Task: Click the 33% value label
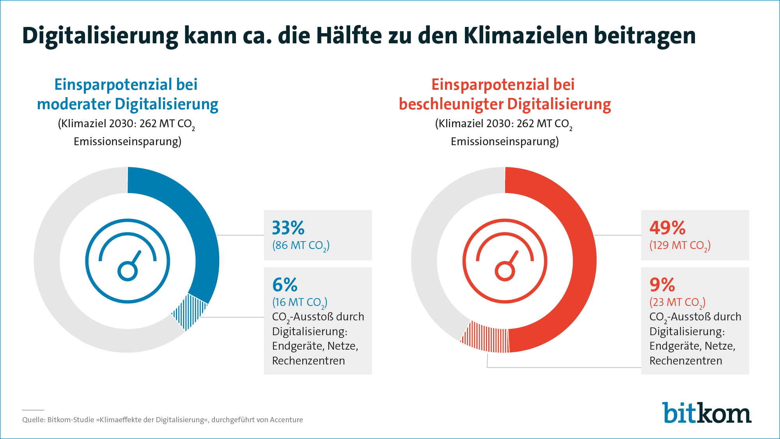[288, 228]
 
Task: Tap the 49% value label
[667, 228]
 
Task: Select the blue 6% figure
[285, 285]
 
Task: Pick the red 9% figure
[662, 285]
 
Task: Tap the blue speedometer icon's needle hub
[128, 271]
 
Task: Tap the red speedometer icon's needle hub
[505, 271]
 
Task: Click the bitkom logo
[706, 413]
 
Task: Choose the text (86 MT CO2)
[301, 245]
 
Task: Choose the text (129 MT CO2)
[680, 245]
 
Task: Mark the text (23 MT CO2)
[677, 302]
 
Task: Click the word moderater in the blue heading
[74, 104]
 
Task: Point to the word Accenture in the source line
[286, 420]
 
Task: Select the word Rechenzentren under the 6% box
[308, 361]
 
